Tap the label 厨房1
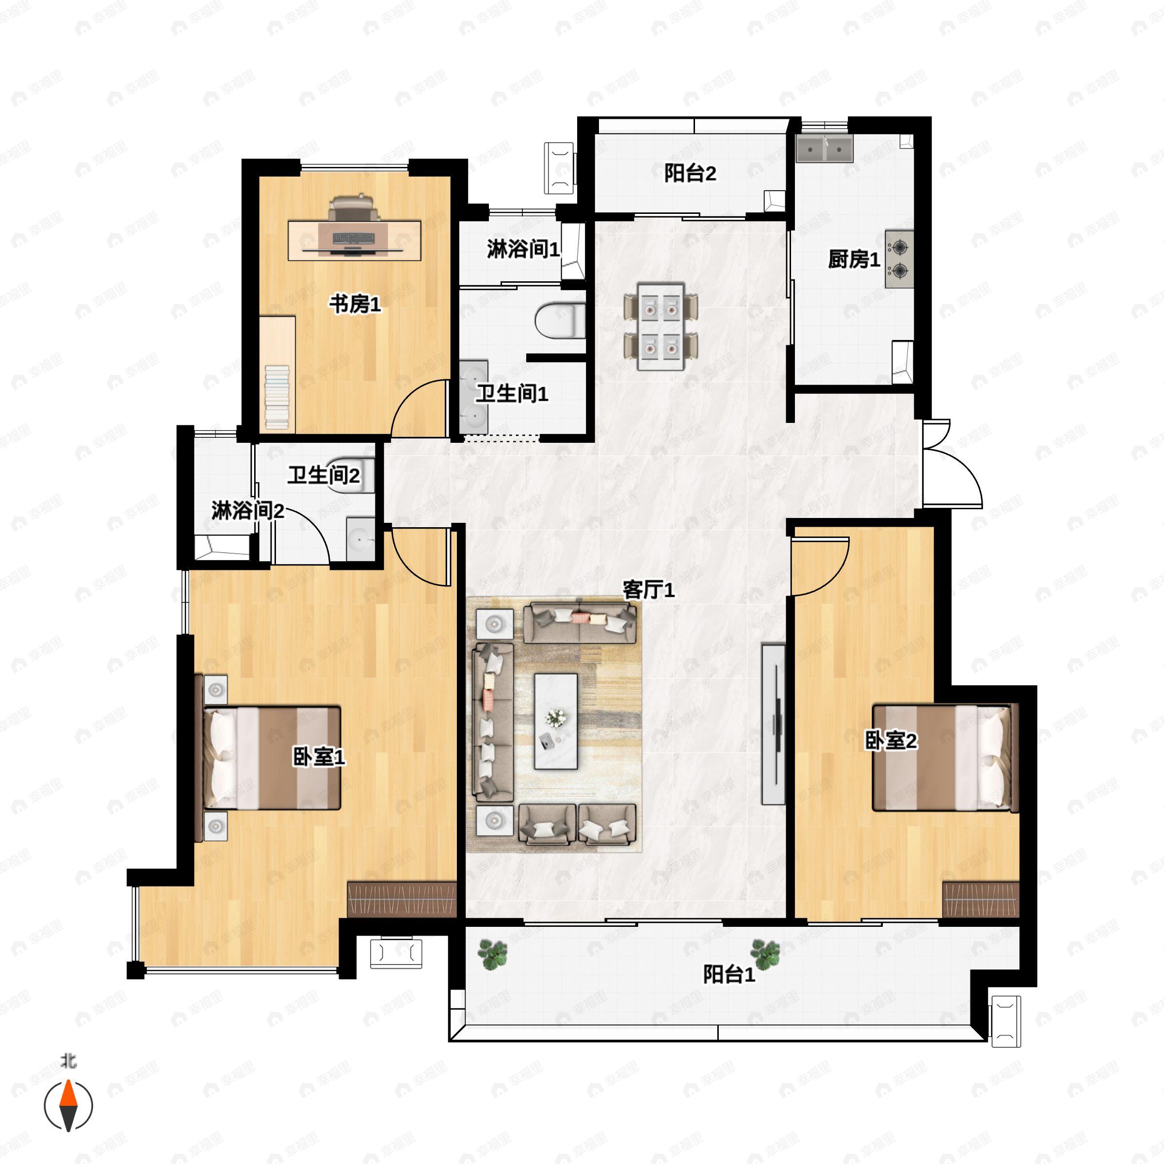(x=854, y=259)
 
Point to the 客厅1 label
(x=648, y=589)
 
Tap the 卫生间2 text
(x=323, y=475)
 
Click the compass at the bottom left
(x=69, y=1106)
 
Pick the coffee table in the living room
(x=555, y=721)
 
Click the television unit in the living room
(x=774, y=724)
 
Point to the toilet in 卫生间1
(x=560, y=321)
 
